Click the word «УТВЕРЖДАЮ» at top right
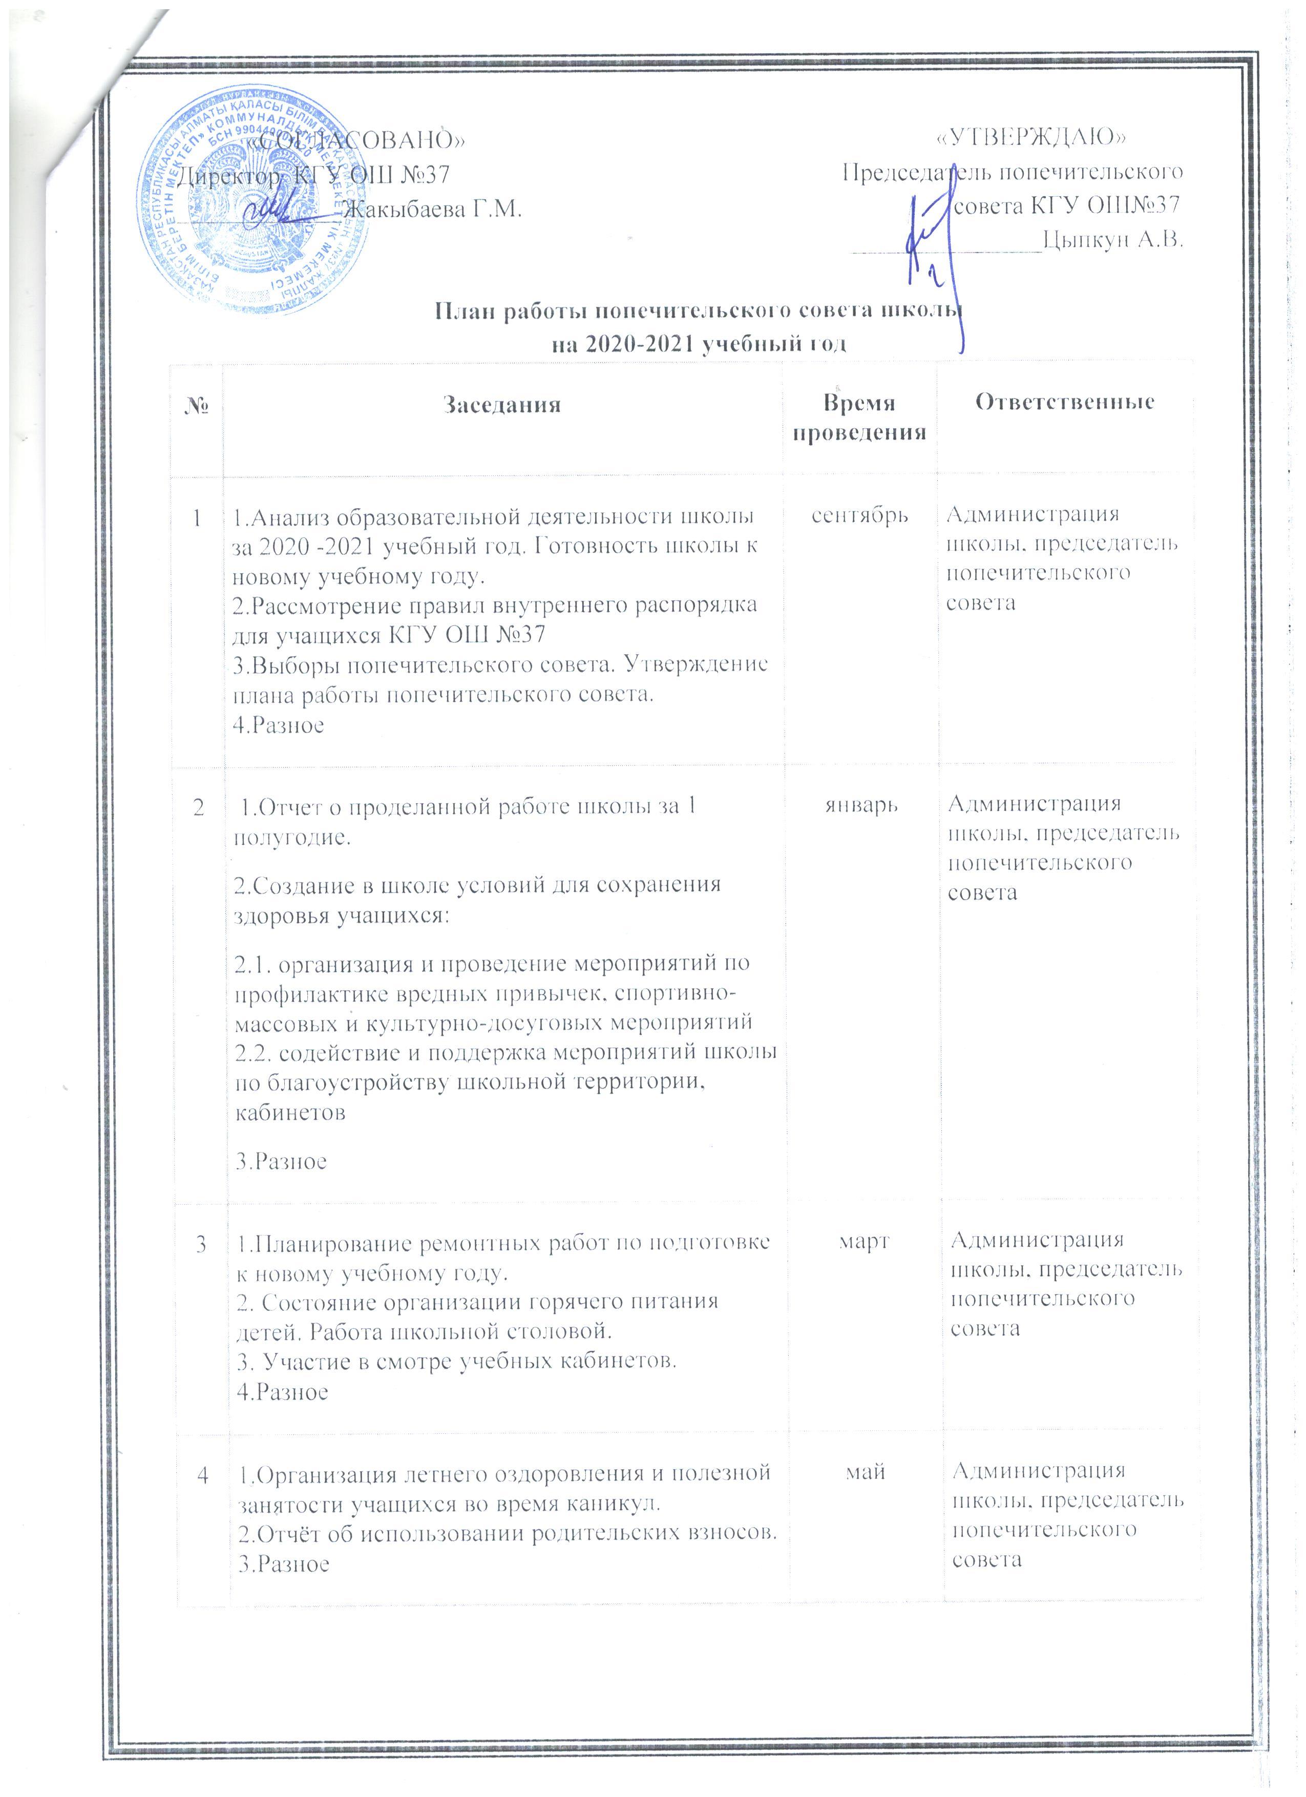(x=1032, y=138)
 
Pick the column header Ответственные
(x=1064, y=402)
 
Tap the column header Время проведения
(x=859, y=417)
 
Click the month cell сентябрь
(x=859, y=514)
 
